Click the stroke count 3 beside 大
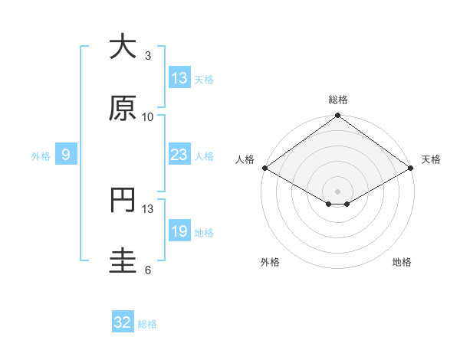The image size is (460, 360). click(148, 56)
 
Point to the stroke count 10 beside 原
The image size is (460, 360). click(148, 116)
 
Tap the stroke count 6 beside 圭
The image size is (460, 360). click(148, 270)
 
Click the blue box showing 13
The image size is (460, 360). click(179, 78)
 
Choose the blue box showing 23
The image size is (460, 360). click(179, 155)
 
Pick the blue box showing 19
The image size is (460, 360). click(179, 231)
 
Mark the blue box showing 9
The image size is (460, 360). click(67, 155)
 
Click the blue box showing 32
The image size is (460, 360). click(123, 322)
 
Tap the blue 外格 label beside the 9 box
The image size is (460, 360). click(41, 155)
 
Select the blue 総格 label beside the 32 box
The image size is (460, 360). click(147, 324)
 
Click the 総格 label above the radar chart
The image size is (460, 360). click(337, 100)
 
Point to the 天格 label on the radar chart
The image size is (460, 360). click(431, 159)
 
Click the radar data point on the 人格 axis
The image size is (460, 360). click(264, 168)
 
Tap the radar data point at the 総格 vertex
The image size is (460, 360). click(337, 116)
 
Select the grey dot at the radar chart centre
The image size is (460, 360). click(337, 191)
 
